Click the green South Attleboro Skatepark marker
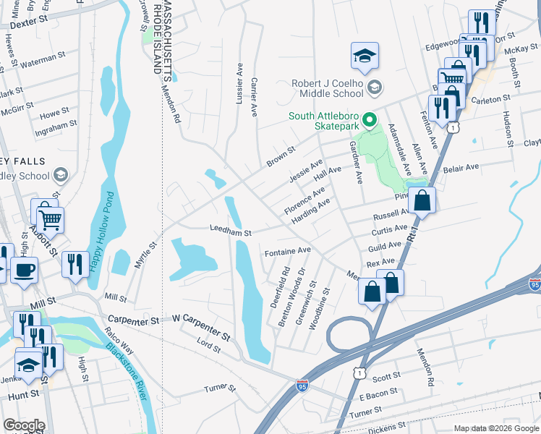coord(370,119)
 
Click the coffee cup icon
coord(24,271)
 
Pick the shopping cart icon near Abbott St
coord(50,218)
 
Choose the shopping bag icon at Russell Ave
coord(422,200)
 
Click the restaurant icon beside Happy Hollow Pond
coord(74,264)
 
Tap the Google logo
coord(23,425)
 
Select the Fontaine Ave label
coord(287,251)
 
